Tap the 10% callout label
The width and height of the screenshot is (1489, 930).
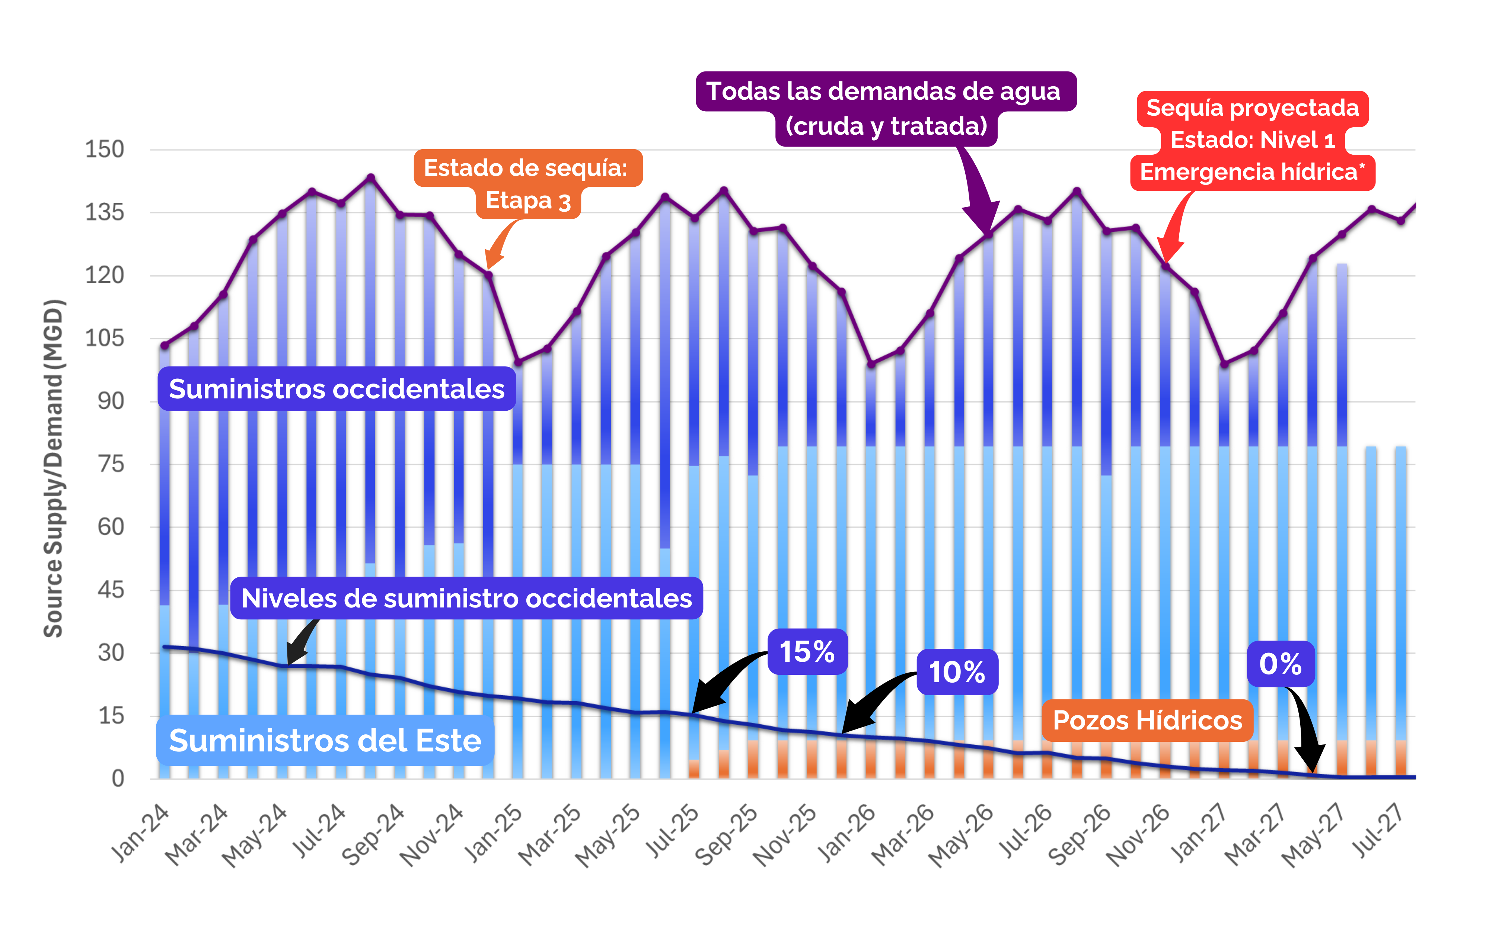click(957, 672)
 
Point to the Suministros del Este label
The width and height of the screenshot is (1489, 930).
click(325, 741)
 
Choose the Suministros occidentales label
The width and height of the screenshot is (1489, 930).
click(337, 389)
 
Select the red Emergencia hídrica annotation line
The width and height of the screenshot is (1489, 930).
click(1252, 172)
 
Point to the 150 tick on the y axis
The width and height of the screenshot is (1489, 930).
click(105, 150)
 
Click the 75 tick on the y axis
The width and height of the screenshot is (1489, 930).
click(111, 464)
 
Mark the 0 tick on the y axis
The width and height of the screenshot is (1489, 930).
click(118, 779)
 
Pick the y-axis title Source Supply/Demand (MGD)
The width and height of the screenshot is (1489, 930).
click(54, 468)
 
